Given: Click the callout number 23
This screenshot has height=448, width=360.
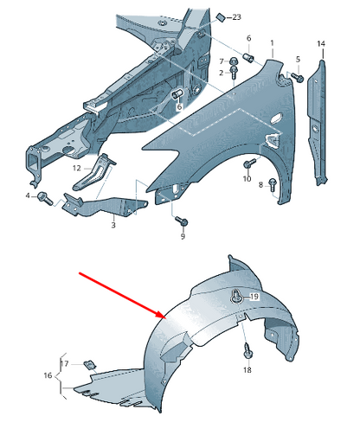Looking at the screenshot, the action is [236, 17].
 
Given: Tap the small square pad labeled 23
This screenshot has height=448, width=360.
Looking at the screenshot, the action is [222, 17].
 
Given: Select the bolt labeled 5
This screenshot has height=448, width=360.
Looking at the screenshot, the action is [297, 77].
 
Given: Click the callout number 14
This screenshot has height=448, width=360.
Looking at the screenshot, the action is [321, 44].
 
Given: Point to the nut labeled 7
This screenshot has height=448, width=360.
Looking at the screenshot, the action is [233, 61].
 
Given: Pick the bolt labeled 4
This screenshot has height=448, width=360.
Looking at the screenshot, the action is [45, 198].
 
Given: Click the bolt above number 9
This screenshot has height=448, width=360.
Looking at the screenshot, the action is [182, 221].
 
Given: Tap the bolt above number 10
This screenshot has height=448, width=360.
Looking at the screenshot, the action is [249, 163].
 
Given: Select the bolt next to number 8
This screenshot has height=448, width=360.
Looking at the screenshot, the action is [273, 184].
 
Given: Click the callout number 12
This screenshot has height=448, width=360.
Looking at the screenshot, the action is [76, 168].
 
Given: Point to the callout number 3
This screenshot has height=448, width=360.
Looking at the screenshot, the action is [113, 225].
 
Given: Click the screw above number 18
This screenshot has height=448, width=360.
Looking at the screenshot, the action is [247, 350].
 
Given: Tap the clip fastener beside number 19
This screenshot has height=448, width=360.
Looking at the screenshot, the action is [236, 298].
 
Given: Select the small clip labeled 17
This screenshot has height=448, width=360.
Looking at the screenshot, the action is [90, 365].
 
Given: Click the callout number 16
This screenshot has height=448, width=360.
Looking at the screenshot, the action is [48, 375].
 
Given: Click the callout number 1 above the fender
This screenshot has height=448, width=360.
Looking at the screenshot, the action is [272, 43].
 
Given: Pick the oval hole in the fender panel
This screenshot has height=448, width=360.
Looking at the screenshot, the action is [277, 118].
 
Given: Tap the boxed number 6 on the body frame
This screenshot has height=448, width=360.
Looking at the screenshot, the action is [179, 106].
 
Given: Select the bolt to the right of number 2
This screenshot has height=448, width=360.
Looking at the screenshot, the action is [234, 73].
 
